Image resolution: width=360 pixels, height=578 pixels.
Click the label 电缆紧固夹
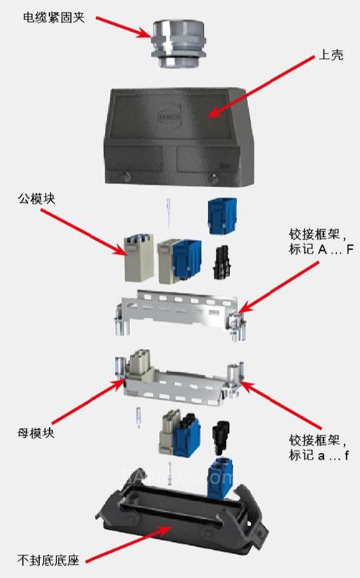[53, 17]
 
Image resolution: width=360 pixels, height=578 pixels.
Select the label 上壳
[330, 55]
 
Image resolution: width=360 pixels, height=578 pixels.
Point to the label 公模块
[36, 199]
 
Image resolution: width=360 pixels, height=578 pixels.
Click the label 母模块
[35, 433]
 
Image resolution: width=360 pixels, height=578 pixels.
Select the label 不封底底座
[48, 561]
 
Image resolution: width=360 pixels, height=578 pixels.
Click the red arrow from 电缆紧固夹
[124, 27]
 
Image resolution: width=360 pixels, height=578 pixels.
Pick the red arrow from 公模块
[83, 232]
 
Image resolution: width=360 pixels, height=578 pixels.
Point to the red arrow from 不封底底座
[129, 545]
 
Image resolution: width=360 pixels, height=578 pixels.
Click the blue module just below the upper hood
[223, 216]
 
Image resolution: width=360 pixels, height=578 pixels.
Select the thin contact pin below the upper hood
[168, 213]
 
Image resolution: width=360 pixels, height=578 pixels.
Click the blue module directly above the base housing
[220, 478]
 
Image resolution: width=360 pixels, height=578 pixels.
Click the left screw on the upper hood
[127, 176]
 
